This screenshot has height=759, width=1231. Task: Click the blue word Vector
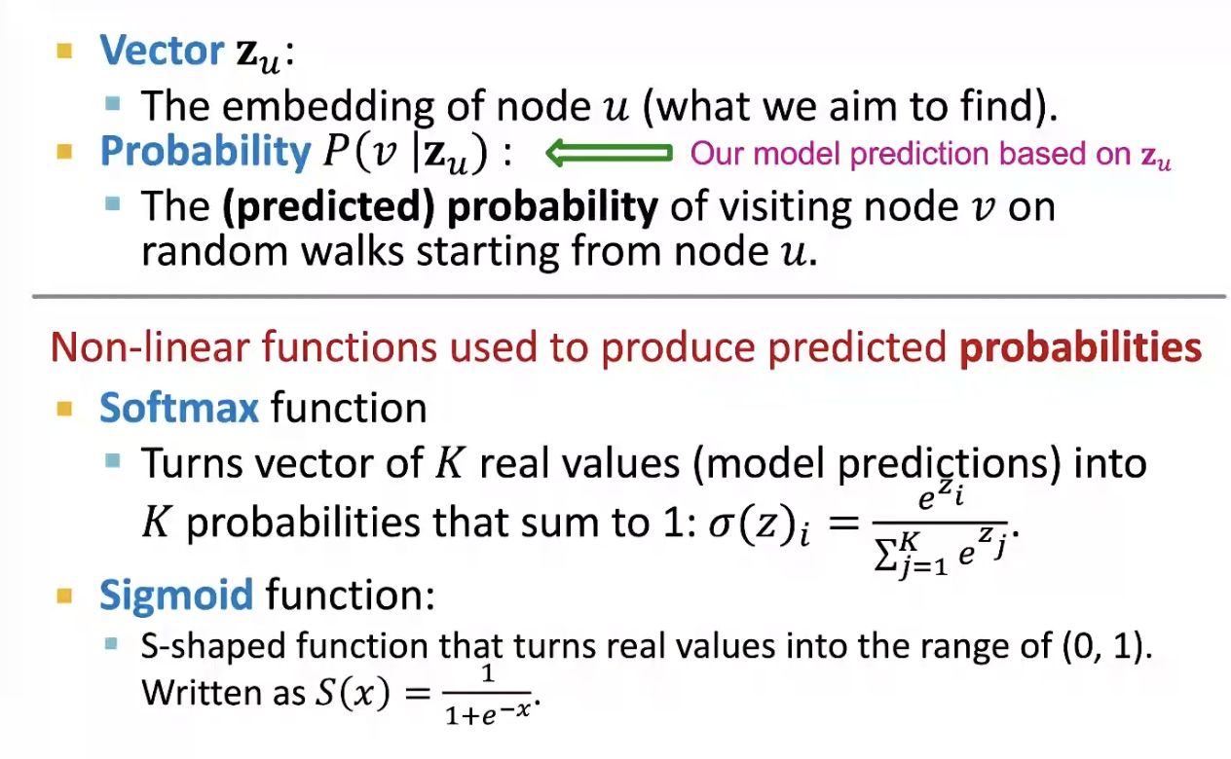(x=162, y=51)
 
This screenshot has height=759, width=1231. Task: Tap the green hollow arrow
(x=609, y=152)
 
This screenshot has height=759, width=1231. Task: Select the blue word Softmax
(x=178, y=408)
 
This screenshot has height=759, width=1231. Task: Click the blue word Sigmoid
(x=176, y=596)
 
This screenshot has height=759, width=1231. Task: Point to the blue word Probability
(x=205, y=152)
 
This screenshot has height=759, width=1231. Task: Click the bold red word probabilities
(x=1080, y=347)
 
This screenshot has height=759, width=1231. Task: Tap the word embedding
(x=327, y=105)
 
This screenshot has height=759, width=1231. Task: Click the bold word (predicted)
(x=328, y=206)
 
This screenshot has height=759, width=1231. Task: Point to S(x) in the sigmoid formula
(x=353, y=692)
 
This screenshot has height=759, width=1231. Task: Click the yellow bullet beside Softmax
(x=64, y=409)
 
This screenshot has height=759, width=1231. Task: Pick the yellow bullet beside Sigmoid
(x=64, y=596)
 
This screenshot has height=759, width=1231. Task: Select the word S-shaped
(x=213, y=646)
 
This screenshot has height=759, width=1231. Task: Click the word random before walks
(x=215, y=251)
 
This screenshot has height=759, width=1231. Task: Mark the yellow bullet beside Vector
(x=64, y=51)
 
